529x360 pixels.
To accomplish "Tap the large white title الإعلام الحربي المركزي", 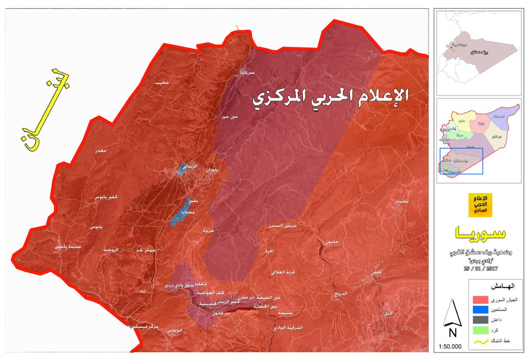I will (330, 97).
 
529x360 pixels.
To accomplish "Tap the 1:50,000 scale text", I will (450, 347).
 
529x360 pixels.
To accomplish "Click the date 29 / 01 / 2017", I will (483, 268).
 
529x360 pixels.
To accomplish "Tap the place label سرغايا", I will (247, 74).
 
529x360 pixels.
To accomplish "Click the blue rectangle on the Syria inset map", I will (461, 161).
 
